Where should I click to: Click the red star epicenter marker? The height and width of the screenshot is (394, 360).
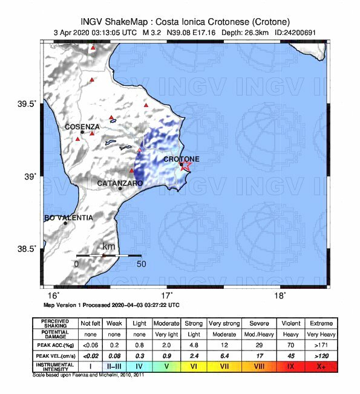tap(186, 165)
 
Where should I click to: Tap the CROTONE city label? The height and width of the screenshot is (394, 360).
tap(182, 159)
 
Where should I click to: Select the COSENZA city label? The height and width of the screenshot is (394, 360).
tap(83, 126)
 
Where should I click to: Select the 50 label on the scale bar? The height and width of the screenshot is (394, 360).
tap(141, 264)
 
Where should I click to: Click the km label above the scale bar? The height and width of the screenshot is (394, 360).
tap(109, 247)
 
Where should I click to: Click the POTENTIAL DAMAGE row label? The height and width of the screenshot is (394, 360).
tap(55, 334)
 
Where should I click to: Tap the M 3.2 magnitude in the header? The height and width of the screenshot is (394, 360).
tap(154, 33)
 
